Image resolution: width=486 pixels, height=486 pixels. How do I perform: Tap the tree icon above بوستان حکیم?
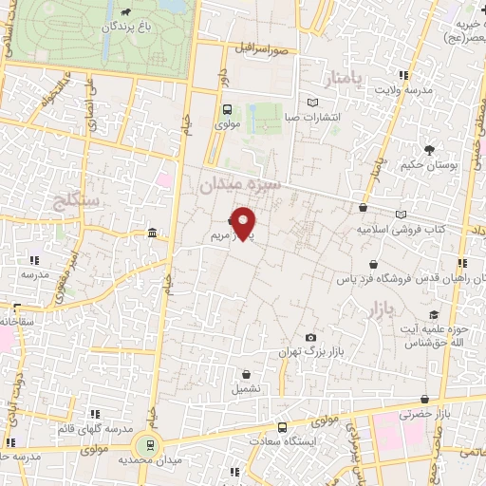click(x=430, y=149)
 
